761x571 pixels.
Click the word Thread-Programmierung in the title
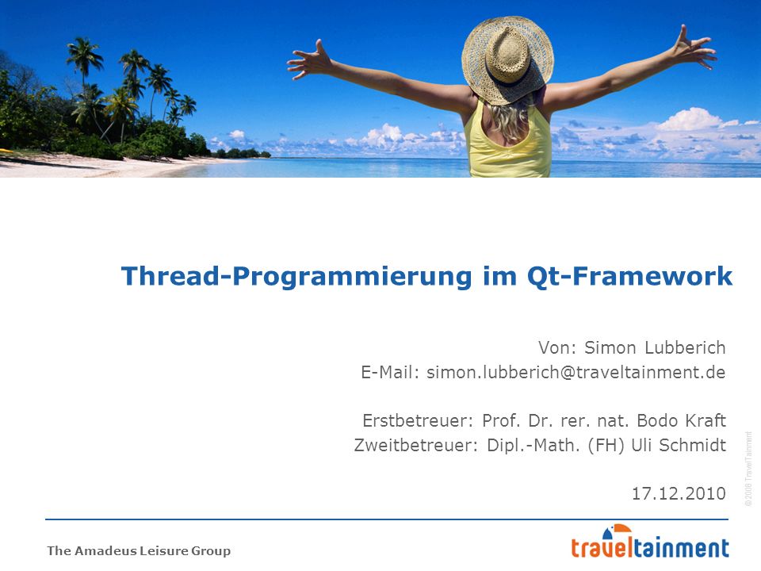296,277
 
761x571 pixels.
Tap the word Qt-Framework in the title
629,277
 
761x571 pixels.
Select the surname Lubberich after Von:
685,347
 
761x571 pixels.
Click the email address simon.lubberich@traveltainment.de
576,373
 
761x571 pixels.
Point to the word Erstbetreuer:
418,420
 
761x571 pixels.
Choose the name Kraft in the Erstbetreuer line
706,420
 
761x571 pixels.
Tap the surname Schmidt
693,445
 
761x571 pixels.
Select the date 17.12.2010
679,494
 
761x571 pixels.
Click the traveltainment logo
650,542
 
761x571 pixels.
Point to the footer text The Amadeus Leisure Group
139,550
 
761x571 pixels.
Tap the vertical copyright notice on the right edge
748,469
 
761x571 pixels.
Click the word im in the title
499,277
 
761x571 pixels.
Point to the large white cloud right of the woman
691,120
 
